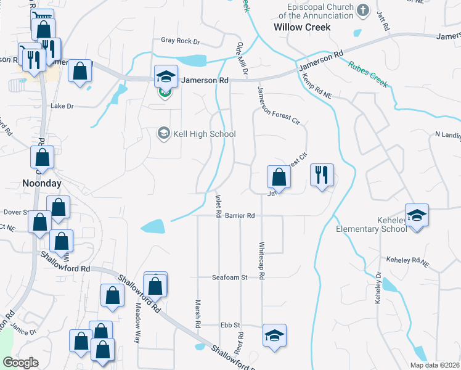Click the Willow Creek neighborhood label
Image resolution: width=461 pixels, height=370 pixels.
click(302, 27)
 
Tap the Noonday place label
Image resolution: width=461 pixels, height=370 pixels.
click(40, 183)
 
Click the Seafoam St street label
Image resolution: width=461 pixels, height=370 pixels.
click(230, 277)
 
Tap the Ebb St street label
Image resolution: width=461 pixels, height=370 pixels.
click(230, 325)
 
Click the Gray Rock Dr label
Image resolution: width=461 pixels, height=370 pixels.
click(181, 41)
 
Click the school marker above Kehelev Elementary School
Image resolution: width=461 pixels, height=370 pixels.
click(417, 216)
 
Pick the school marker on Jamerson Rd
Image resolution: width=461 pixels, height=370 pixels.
click(166, 76)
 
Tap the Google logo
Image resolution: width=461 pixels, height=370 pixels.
click(20, 363)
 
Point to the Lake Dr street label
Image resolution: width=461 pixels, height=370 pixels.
click(62, 106)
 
